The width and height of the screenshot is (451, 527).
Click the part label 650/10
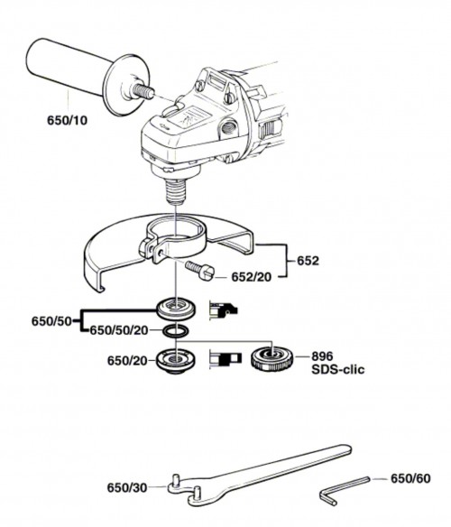tap(67, 120)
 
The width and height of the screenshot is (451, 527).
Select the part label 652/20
tap(251, 277)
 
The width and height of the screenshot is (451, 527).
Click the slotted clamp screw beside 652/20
tap(199, 270)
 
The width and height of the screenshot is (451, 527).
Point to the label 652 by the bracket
tap(308, 261)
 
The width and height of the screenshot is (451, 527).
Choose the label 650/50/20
tap(119, 330)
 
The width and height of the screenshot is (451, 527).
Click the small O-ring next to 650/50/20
tap(175, 331)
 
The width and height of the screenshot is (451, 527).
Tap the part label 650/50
tap(51, 321)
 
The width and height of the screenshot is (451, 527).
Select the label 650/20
tap(127, 361)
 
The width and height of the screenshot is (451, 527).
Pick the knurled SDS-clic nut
tap(272, 360)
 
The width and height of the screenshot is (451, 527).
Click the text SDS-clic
tap(338, 370)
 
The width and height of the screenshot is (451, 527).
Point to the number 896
tap(322, 356)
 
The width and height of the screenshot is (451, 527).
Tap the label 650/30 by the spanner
tap(127, 487)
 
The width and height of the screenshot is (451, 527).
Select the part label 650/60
tap(410, 478)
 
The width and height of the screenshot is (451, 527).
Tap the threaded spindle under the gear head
tap(176, 192)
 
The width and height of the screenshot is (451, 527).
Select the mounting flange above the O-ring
tap(176, 309)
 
